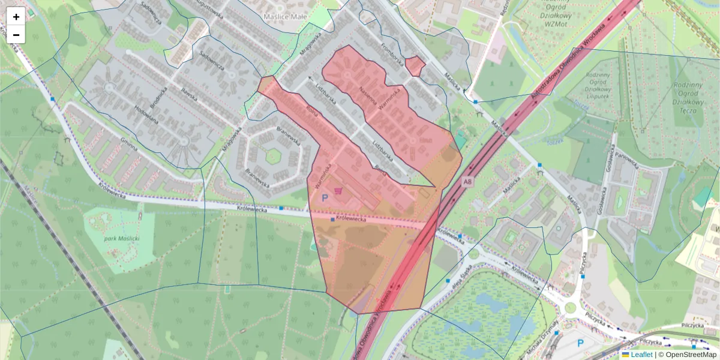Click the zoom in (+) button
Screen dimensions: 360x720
16,17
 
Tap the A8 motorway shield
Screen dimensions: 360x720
467,181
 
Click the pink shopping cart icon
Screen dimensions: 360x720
340,191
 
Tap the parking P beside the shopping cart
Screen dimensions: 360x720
325,197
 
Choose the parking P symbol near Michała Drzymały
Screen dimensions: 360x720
580,343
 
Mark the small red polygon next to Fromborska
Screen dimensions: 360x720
415,65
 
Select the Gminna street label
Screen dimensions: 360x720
128,146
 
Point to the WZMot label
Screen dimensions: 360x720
550,23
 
